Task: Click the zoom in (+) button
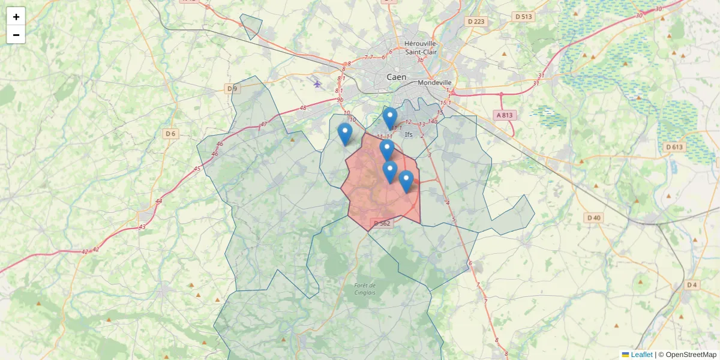coord(16,17)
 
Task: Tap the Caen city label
coord(396,77)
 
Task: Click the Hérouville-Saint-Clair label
coord(421,47)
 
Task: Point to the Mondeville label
coord(435,82)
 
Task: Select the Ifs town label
coord(409,134)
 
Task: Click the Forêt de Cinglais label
coord(365,289)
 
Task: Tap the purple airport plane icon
coord(317,83)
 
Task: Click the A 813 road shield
coord(506,115)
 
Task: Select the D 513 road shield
coord(523,17)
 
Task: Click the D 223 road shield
coord(476,22)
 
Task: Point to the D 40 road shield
coord(593,217)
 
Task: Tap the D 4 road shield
coord(692,284)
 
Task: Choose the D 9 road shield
coord(232,89)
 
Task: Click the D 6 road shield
coord(170,133)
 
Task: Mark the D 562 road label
coord(382,223)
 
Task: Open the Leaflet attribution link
coord(641,355)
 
